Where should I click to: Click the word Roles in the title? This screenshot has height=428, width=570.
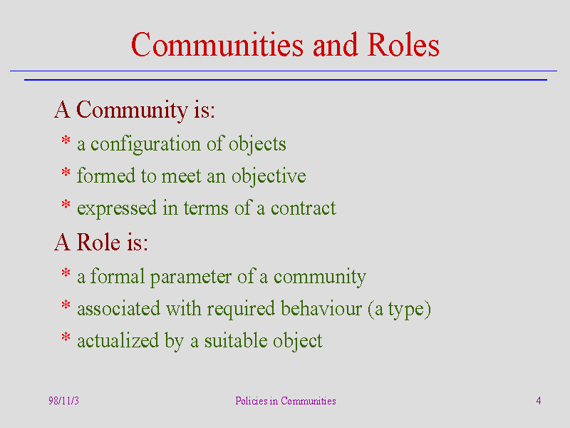tap(403, 45)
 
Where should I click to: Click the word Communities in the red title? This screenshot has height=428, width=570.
tap(217, 45)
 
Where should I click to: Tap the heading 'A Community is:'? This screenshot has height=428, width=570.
tap(135, 110)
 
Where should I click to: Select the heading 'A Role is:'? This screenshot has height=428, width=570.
tap(101, 242)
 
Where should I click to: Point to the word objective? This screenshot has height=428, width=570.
tap(269, 176)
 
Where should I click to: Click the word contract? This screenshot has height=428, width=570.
tap(304, 208)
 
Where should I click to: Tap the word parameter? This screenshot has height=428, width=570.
tap(191, 277)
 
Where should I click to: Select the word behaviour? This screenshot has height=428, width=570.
tap(321, 309)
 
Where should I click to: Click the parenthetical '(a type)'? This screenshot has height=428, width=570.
tap(399, 310)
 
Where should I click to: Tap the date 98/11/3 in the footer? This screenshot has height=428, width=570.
tap(63, 401)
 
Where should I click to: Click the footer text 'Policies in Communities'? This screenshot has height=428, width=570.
tap(286, 401)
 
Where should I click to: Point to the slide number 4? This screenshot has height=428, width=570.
tap(539, 401)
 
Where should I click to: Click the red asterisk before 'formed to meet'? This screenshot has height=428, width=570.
tap(66, 172)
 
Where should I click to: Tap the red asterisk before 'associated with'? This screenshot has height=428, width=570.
tap(66, 305)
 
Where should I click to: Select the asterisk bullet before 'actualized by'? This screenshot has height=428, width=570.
tap(66, 337)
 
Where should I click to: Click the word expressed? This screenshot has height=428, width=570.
tap(117, 209)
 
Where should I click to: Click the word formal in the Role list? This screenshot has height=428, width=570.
tap(118, 276)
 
